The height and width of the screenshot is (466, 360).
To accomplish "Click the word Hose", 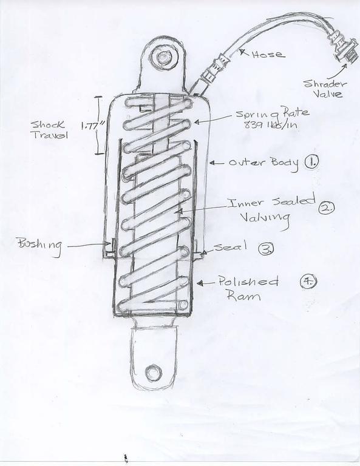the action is tap(268, 55).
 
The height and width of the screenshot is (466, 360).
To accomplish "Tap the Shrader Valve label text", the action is tap(325, 89).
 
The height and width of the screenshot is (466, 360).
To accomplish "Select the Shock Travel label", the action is tap(49, 130).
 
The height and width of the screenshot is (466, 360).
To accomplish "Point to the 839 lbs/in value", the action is tap(270, 125).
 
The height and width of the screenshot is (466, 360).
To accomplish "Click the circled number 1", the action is tap(311, 162).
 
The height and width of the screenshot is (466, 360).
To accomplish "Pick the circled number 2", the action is tap(327, 207).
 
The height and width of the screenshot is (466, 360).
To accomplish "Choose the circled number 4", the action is tap(308, 282).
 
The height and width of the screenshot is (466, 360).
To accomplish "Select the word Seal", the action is tap(231, 246).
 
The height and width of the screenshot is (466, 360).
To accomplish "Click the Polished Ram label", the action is tap(248, 288).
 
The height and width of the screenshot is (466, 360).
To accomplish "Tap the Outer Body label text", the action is tap(263, 163).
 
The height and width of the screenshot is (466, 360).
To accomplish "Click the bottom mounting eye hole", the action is tap(154, 373).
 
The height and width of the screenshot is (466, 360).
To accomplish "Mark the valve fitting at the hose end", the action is tap(342, 47).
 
